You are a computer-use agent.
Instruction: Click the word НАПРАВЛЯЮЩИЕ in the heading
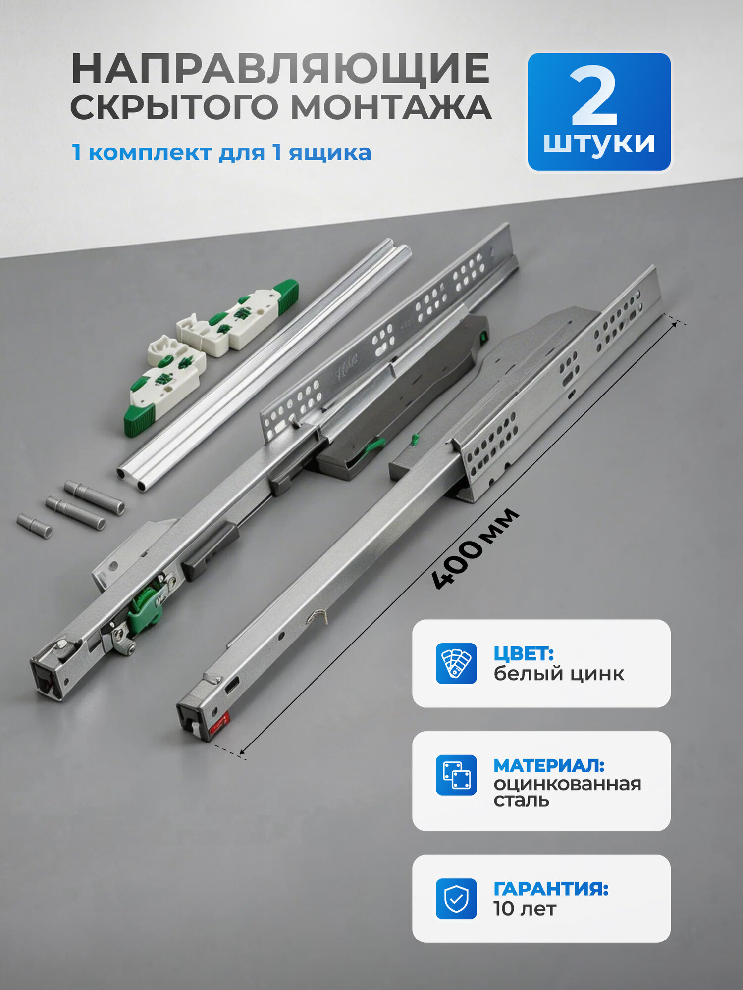pyautogui.click(x=280, y=69)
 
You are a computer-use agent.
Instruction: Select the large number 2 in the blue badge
pyautogui.click(x=594, y=96)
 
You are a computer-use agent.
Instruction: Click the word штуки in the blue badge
pyautogui.click(x=599, y=144)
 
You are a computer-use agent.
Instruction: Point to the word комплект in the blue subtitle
pyautogui.click(x=150, y=152)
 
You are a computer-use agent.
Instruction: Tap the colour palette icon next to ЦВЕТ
pyautogui.click(x=456, y=663)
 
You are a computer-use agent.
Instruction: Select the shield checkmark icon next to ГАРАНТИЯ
pyautogui.click(x=456, y=898)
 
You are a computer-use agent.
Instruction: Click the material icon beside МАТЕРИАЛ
pyautogui.click(x=456, y=775)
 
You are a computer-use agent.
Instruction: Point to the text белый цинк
pyautogui.click(x=559, y=674)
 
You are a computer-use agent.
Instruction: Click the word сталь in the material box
pyautogui.click(x=521, y=800)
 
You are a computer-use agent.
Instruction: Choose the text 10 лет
pyautogui.click(x=525, y=909)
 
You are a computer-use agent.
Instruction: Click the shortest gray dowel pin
pyautogui.click(x=34, y=526)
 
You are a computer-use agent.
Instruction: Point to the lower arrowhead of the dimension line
pyautogui.click(x=241, y=754)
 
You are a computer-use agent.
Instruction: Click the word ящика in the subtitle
pyautogui.click(x=330, y=152)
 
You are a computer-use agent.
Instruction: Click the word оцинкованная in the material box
pyautogui.click(x=567, y=784)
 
